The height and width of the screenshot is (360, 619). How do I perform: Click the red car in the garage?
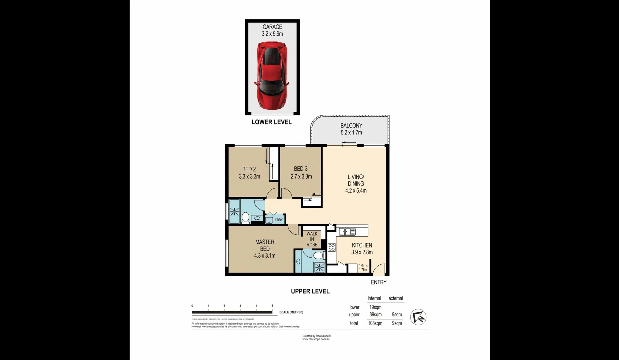click(x=272, y=76)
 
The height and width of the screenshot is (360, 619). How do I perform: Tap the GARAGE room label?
click(x=272, y=27)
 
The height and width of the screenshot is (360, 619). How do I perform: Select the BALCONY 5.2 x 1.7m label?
click(x=351, y=129)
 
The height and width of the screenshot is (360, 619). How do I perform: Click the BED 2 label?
click(x=249, y=169)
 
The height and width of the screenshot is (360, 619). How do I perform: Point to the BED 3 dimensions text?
click(x=301, y=177)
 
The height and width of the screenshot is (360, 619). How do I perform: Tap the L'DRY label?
click(x=278, y=220)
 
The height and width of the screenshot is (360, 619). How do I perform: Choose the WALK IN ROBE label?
click(x=312, y=239)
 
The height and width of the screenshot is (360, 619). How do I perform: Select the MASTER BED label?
click(x=265, y=245)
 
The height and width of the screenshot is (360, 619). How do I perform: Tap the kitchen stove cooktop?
click(x=331, y=247)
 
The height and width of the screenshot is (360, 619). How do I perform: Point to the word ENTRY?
click(x=378, y=282)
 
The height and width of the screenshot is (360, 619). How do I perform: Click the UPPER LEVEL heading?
click(x=310, y=291)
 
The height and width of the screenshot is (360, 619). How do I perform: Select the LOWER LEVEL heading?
click(x=271, y=122)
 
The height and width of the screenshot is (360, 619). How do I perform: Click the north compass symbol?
click(x=418, y=317)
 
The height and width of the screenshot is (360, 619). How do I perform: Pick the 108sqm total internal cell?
click(x=375, y=323)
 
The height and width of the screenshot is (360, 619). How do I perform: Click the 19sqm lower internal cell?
click(x=375, y=307)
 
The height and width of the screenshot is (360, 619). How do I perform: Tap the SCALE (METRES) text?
click(x=291, y=312)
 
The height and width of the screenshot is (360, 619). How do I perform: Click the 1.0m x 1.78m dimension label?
click(x=363, y=268)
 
